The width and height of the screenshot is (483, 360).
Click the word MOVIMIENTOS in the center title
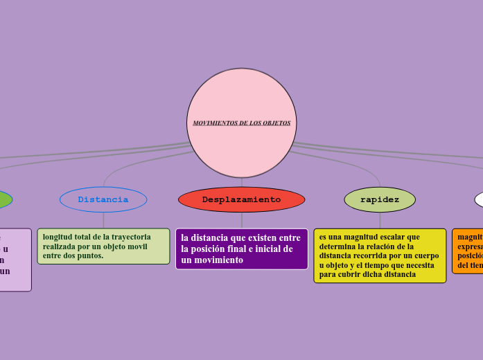point(214,123)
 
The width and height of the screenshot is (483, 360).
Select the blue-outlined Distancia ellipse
point(103,199)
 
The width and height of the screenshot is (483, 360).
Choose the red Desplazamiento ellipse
point(241,199)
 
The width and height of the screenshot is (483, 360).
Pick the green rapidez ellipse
point(380,199)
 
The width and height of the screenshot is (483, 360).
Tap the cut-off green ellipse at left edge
point(4,199)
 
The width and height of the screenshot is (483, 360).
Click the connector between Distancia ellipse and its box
point(103,220)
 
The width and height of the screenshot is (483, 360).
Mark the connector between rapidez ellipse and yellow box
point(380,220)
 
